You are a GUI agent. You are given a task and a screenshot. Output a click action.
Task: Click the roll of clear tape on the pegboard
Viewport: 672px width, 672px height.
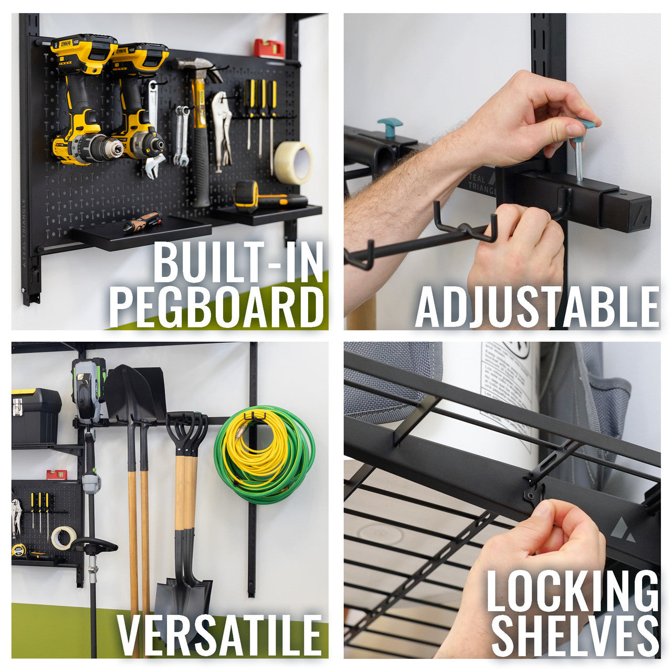pyautogui.click(x=293, y=162)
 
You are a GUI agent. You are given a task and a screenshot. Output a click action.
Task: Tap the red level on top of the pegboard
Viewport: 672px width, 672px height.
pyautogui.click(x=269, y=48)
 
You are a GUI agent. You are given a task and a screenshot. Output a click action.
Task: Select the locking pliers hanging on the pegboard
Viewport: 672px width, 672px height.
pyautogui.click(x=222, y=131)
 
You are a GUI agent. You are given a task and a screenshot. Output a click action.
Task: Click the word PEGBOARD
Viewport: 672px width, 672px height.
pyautogui.click(x=216, y=307)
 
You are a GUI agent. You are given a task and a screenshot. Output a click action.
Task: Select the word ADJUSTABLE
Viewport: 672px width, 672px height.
pyautogui.click(x=537, y=307)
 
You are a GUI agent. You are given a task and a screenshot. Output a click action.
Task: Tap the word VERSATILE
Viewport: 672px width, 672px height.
pyautogui.click(x=219, y=636)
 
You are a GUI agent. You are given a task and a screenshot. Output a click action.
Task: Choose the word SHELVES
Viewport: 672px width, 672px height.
pyautogui.click(x=575, y=636)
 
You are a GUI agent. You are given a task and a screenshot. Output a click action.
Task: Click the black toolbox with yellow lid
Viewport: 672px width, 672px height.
pyautogui.click(x=36, y=415)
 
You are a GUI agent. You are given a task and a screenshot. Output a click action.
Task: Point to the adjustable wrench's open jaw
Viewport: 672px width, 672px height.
pyautogui.click(x=155, y=167)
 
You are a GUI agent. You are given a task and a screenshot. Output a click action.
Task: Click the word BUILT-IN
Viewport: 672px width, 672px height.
pyautogui.click(x=238, y=262)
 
